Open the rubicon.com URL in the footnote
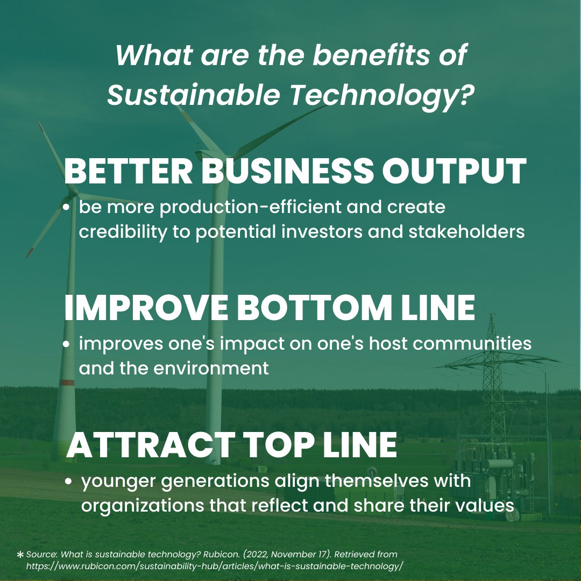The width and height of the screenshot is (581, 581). (x=214, y=566)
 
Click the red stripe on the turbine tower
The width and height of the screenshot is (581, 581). (x=67, y=382)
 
